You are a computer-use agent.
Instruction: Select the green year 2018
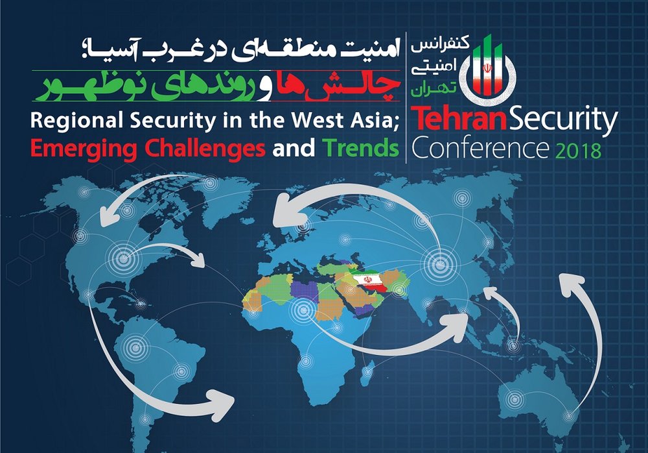click(578, 151)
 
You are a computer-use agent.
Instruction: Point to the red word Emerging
click(84, 149)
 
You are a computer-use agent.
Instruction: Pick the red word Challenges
click(205, 149)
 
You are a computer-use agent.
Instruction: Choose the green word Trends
click(360, 147)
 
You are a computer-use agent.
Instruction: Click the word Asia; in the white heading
click(375, 121)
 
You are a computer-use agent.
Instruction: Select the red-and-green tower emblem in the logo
click(488, 68)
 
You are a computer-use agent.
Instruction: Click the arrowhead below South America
click(222, 404)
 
